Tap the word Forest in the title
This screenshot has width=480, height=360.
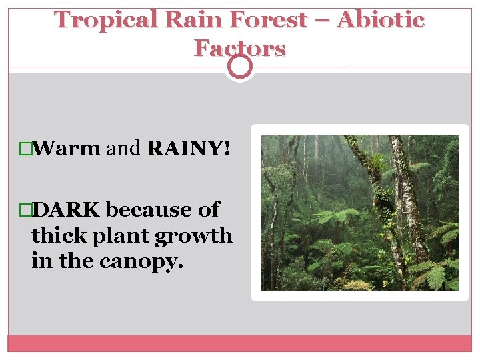click(265, 20)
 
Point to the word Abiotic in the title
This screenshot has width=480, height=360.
click(381, 20)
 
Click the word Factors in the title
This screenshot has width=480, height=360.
click(240, 48)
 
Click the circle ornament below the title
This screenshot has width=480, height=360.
click(240, 66)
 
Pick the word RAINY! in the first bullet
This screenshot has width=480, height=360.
click(189, 148)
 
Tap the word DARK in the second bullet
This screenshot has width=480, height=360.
click(67, 209)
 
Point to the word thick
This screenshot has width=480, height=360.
click(58, 235)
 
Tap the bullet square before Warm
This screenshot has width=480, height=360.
click(27, 149)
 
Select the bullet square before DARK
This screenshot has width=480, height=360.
click(27, 210)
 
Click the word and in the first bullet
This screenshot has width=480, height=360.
click(124, 148)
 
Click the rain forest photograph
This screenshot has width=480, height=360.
click(359, 212)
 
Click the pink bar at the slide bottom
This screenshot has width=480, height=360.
click(240, 343)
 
